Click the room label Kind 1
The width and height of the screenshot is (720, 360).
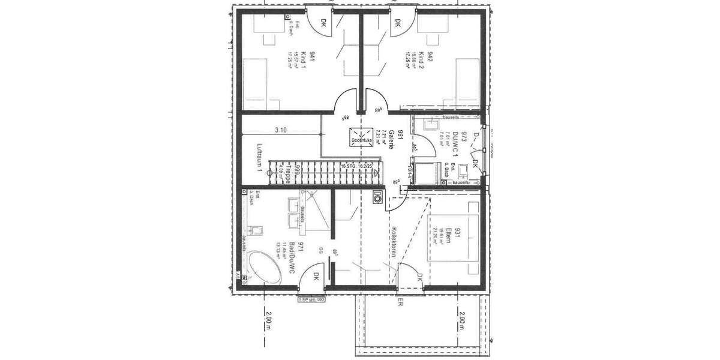point(304,61)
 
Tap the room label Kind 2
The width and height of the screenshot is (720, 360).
point(421,61)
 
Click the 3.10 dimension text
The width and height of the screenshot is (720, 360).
point(281,130)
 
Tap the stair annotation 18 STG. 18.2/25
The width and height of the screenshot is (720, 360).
point(356,166)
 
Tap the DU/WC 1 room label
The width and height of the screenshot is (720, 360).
point(455,145)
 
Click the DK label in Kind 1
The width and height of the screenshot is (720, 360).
point(323,23)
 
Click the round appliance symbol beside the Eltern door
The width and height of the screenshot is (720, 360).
point(377,197)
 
